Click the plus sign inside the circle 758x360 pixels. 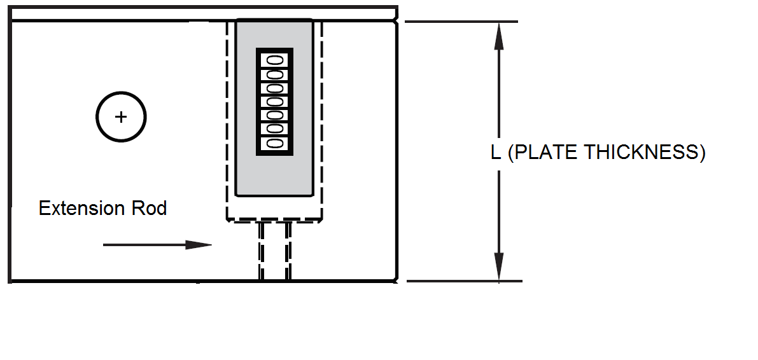click(x=121, y=117)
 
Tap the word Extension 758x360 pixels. click(x=77, y=209)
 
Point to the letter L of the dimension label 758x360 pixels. click(x=496, y=153)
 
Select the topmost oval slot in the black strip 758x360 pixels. click(x=275, y=60)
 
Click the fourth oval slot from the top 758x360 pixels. click(x=275, y=102)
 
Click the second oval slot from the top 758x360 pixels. click(x=275, y=74)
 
